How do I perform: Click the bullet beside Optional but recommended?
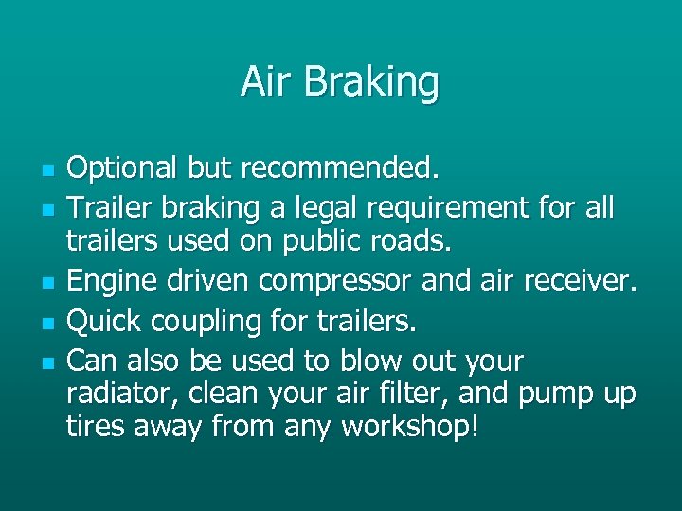[x=45, y=170]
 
